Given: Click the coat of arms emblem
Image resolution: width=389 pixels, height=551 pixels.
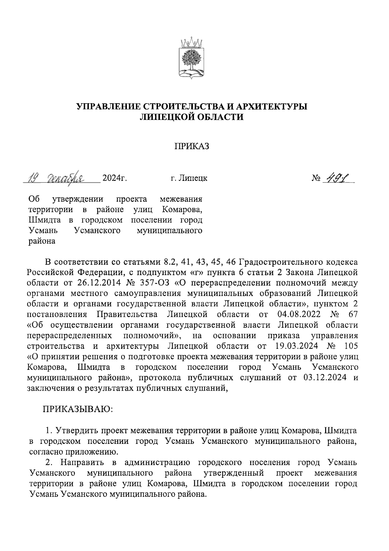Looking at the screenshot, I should point(192,60).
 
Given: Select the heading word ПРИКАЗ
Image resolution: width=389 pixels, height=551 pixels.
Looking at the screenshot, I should point(192,147).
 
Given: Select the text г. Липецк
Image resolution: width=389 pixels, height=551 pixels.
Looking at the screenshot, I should point(189,178).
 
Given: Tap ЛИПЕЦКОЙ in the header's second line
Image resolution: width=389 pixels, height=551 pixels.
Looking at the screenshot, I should point(165,117).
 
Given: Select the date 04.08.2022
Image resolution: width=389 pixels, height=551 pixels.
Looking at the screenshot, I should point(299,314).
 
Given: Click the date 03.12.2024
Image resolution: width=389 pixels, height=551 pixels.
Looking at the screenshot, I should point(325,377).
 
